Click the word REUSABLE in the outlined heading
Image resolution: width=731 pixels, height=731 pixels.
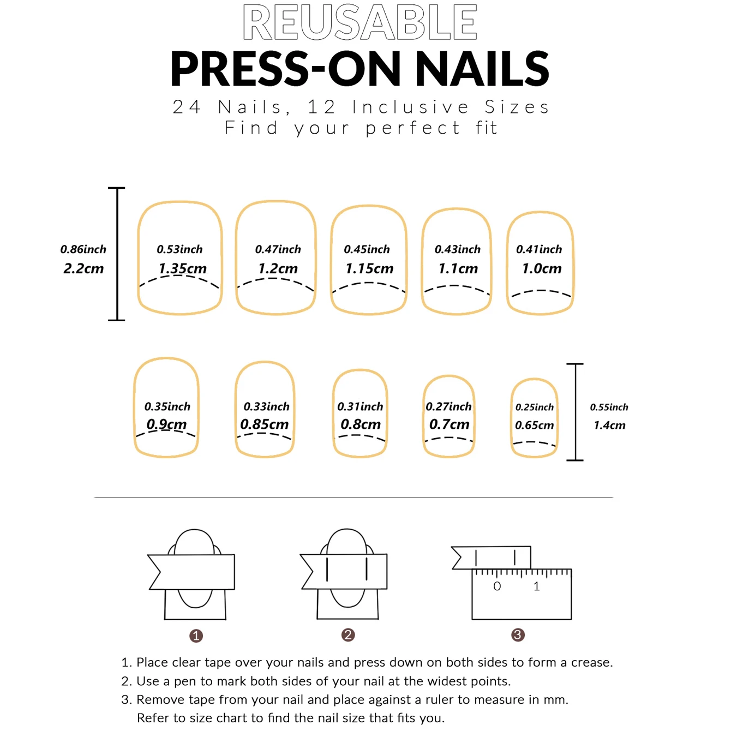(360, 23)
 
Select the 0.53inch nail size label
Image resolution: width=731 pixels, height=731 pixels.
(179, 249)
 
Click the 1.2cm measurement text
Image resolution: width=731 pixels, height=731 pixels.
(278, 268)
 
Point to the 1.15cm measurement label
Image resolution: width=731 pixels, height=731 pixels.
(369, 268)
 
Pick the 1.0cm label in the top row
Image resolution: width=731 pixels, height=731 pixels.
(541, 268)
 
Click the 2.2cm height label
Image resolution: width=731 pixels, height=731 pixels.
(83, 268)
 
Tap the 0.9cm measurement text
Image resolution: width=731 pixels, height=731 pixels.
(166, 424)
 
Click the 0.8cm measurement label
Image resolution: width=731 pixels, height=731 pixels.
(360, 424)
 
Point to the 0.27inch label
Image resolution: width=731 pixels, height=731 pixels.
(448, 406)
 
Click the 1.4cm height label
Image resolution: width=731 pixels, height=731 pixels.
(609, 425)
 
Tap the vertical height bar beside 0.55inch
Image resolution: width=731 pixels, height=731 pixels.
(575, 412)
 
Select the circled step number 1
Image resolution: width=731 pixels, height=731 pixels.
(196, 636)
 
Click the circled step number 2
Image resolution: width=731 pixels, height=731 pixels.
(348, 635)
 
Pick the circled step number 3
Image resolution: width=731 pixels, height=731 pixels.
(518, 635)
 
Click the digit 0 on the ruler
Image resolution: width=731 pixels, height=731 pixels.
(497, 586)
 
